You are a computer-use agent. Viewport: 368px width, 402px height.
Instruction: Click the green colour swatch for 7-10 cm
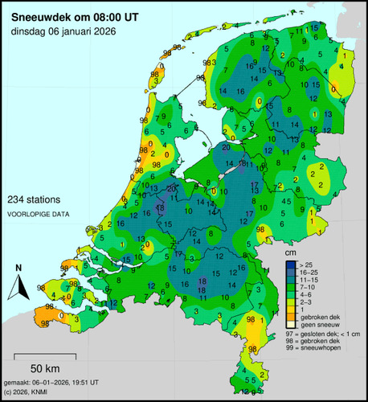pyautogui.click(x=291, y=288)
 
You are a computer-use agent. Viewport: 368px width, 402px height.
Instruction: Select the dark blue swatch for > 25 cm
pyautogui.click(x=291, y=264)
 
